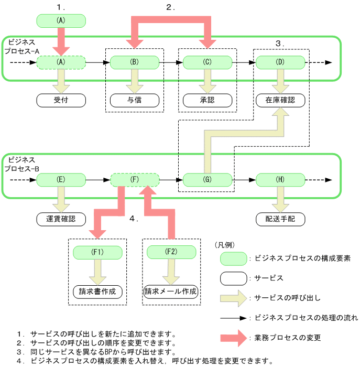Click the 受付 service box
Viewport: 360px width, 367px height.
point(61,99)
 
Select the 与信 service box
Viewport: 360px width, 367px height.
point(135,99)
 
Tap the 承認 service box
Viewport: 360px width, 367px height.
point(208,99)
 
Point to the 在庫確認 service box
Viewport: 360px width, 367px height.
point(281,99)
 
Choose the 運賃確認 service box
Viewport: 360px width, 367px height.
point(61,219)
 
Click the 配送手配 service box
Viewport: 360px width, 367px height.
point(281,219)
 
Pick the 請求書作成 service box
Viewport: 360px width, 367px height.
point(98,291)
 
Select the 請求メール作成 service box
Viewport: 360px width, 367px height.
point(171,291)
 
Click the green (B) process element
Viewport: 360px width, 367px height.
point(135,62)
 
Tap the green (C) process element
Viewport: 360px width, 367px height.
point(208,62)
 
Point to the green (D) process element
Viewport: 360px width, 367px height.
point(281,62)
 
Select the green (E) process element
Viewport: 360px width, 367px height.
point(61,180)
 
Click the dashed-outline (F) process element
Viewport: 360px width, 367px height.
point(135,180)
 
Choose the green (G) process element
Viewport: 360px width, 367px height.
point(208,180)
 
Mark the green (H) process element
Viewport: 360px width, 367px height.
point(281,180)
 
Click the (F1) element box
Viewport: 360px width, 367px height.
point(98,252)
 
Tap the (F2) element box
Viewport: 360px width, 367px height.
point(171,252)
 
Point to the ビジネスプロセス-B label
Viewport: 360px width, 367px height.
point(21,164)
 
